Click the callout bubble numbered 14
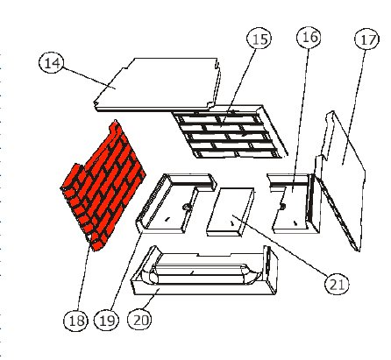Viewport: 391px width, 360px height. click(x=52, y=63)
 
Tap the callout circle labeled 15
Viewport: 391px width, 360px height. click(x=259, y=39)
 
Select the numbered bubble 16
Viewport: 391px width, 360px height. click(x=309, y=37)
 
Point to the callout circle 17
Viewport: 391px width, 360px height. click(x=367, y=39)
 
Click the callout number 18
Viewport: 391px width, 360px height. click(x=76, y=321)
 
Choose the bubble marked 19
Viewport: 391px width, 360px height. click(x=107, y=321)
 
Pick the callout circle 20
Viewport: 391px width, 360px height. click(x=140, y=320)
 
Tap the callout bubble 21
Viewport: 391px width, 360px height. click(x=337, y=284)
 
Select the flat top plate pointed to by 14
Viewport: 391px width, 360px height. click(x=158, y=84)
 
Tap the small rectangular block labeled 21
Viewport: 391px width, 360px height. click(x=231, y=212)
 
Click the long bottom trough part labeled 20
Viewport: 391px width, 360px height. click(x=204, y=271)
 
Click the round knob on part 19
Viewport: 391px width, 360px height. click(x=186, y=207)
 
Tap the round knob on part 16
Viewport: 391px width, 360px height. click(x=282, y=206)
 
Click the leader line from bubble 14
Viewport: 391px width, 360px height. click(x=89, y=78)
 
